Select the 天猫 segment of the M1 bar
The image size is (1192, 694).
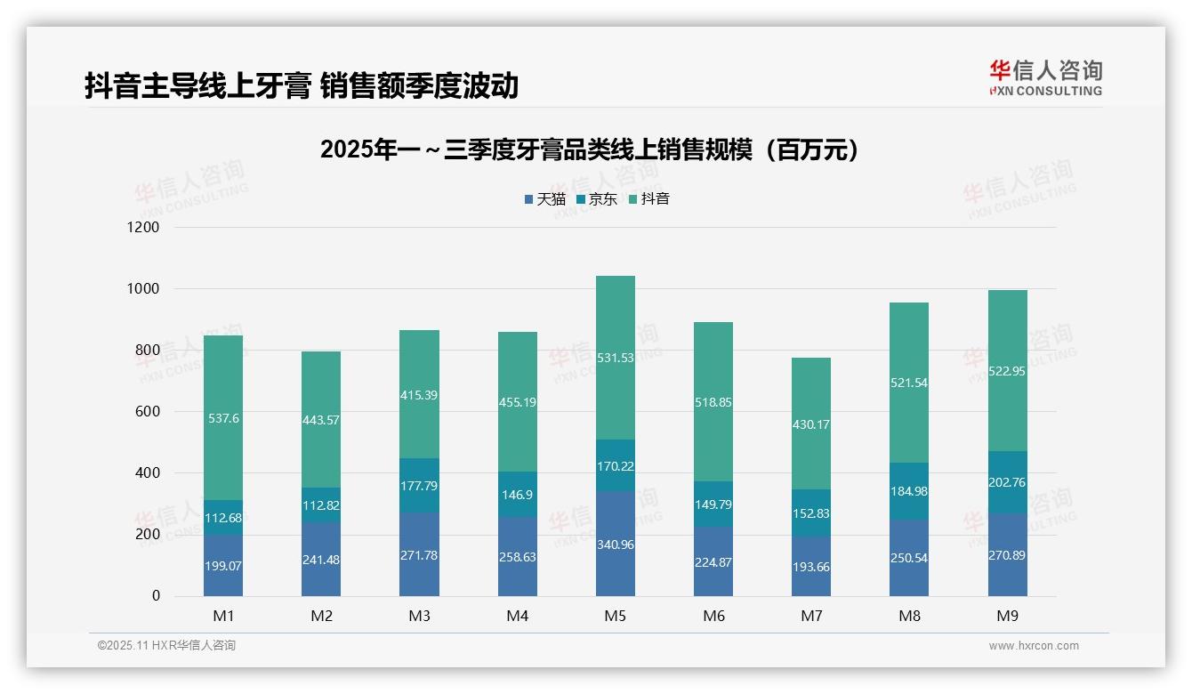click(223, 565)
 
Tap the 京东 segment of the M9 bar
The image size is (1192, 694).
click(1007, 481)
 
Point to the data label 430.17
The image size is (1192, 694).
click(811, 424)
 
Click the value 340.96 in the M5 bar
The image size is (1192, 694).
click(616, 545)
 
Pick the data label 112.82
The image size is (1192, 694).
click(321, 505)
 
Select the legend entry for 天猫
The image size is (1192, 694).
click(545, 199)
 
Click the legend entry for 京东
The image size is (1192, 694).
click(597, 199)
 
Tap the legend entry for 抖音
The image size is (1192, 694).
click(649, 199)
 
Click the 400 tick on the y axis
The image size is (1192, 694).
click(147, 473)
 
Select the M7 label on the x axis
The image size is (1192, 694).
click(811, 616)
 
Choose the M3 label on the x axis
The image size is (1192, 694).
click(419, 616)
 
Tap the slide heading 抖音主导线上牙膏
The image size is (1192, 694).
click(302, 86)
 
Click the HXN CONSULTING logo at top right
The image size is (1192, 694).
click(1045, 78)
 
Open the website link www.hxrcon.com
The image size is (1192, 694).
click(1034, 646)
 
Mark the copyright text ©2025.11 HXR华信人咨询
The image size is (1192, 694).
click(166, 646)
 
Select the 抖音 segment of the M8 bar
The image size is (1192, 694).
click(909, 383)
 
